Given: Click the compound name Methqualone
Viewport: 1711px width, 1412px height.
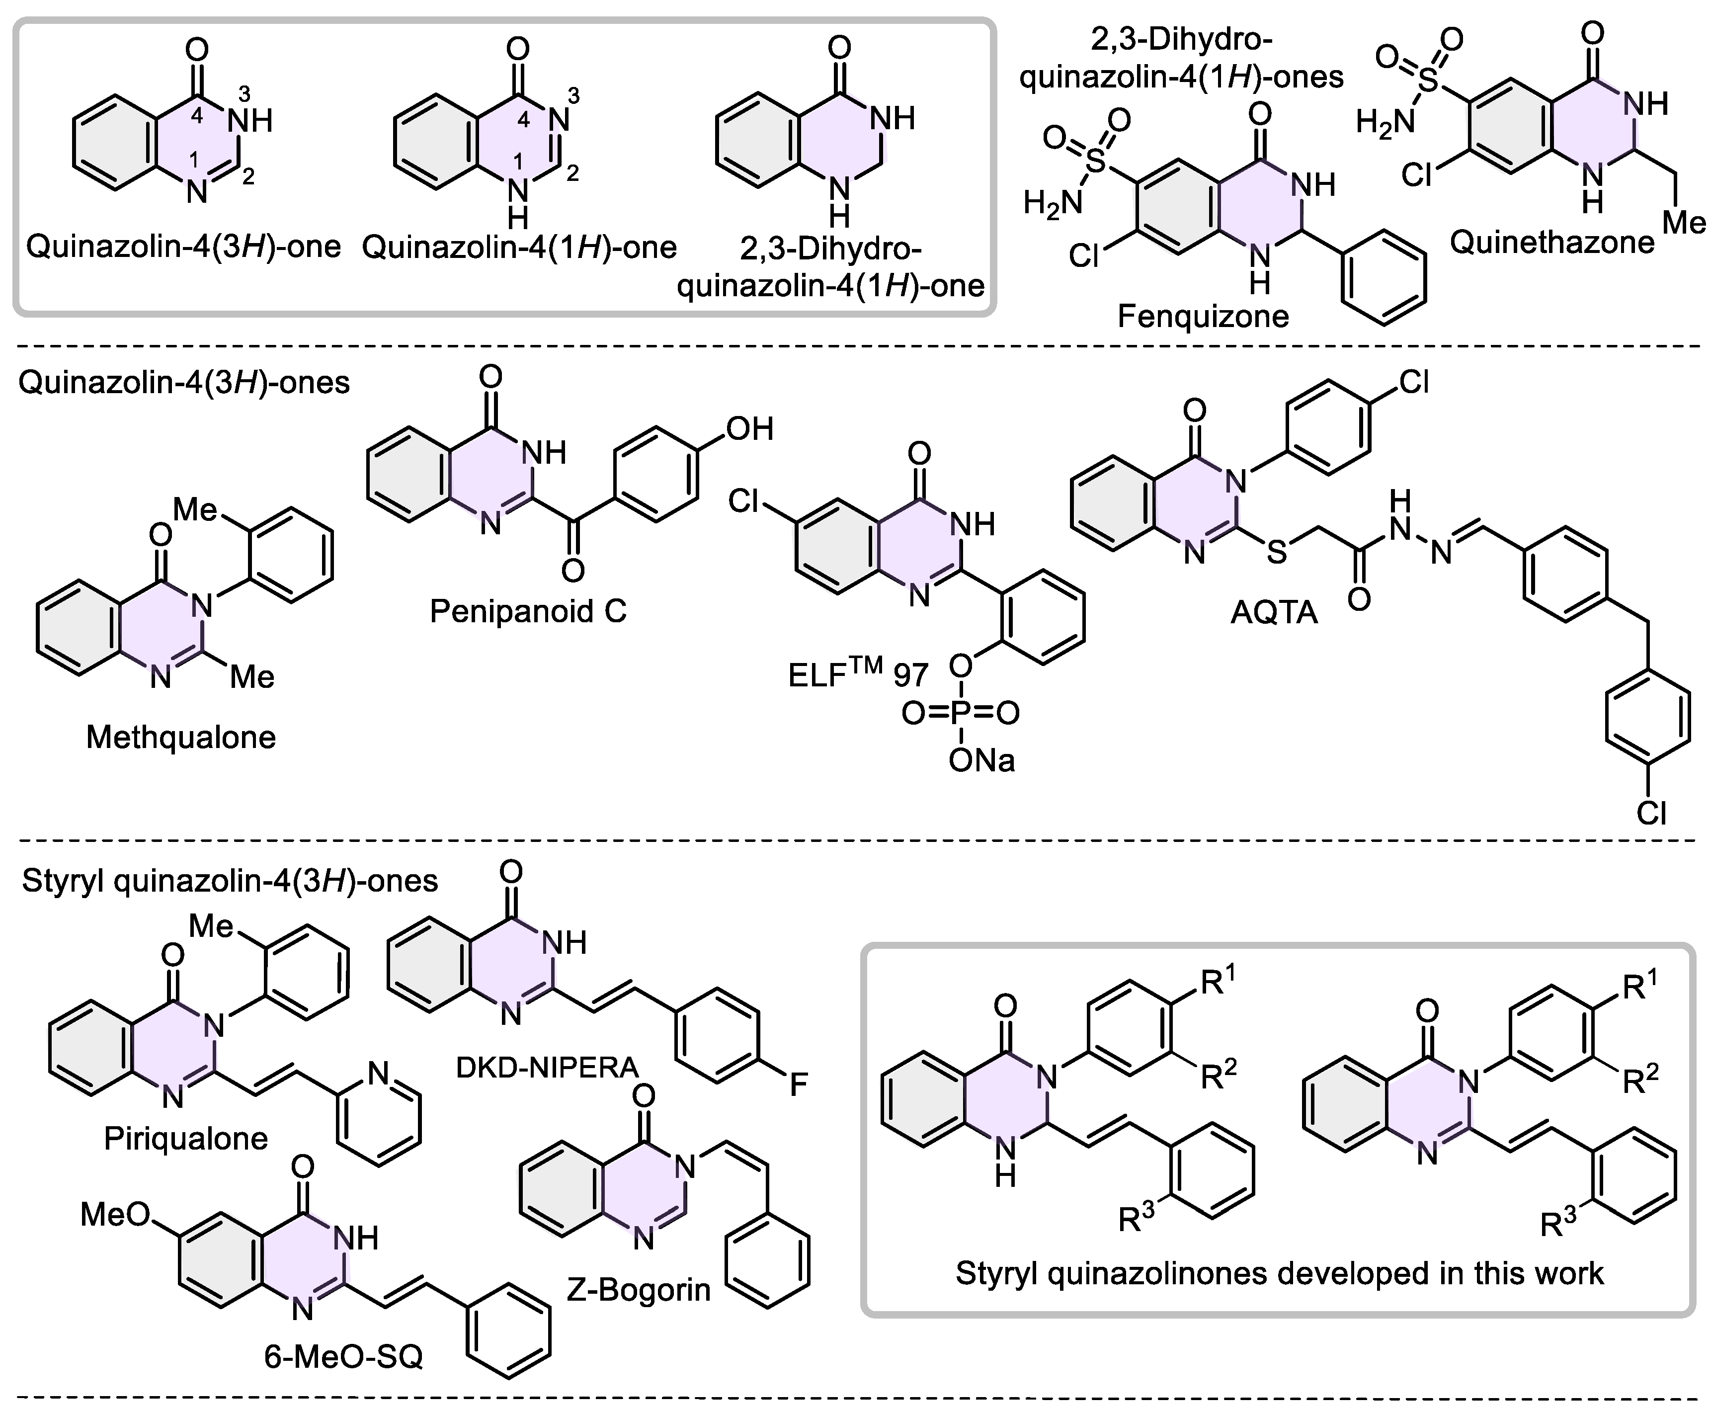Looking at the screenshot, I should tap(180, 738).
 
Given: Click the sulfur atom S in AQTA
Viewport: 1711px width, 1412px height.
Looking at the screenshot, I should tap(1277, 552).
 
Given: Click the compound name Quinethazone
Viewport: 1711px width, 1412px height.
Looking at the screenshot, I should tap(1551, 243).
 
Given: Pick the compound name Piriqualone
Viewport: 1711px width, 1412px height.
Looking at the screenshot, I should tap(185, 1138).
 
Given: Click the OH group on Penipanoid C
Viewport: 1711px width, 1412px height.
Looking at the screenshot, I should tap(749, 428).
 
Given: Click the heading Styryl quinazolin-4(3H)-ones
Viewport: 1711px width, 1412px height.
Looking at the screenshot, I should tap(229, 881).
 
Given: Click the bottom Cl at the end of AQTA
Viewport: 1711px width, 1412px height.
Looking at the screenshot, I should tap(1651, 813).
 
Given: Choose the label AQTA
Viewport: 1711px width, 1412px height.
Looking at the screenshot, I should tap(1274, 612).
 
